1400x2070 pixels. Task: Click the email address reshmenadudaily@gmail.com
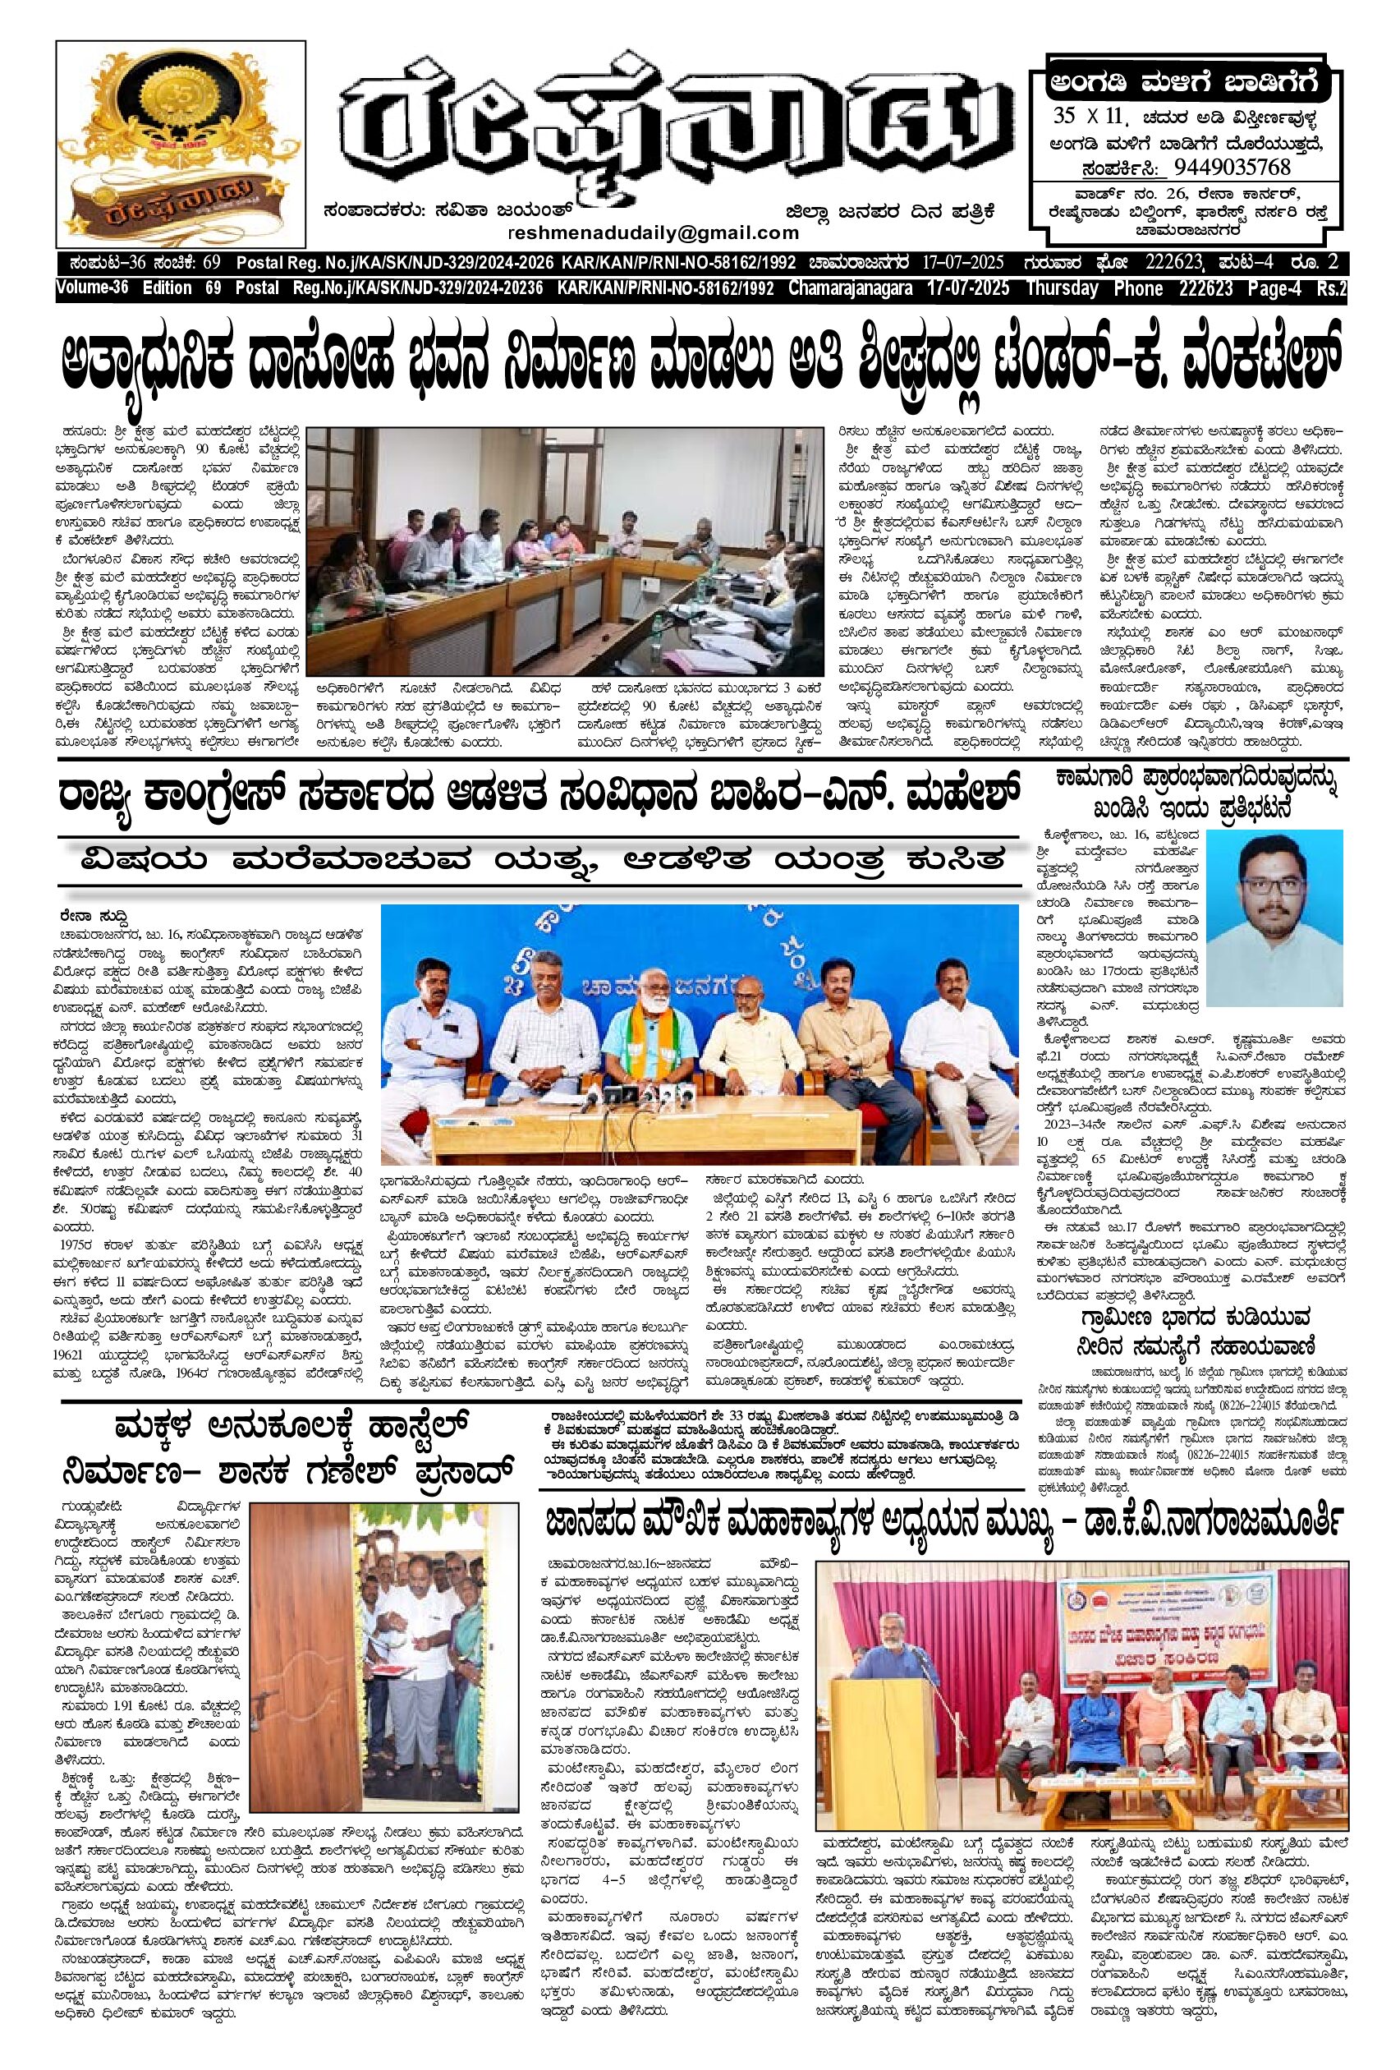[652, 232]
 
